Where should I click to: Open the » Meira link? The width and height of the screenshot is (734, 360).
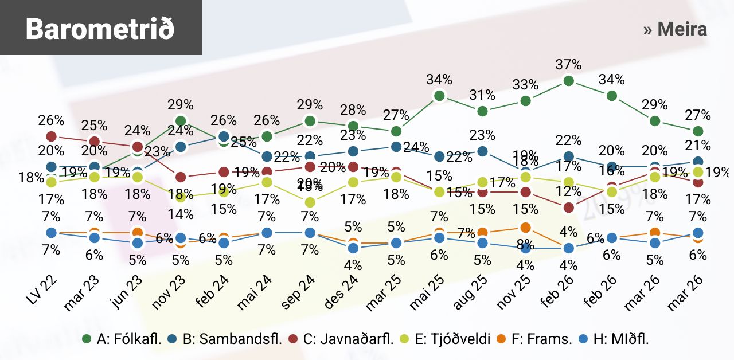point(675,29)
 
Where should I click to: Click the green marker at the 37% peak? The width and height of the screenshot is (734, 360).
point(569,81)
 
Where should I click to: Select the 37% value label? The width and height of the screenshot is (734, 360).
point(569,64)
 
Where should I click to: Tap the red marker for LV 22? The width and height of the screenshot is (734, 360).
point(52,136)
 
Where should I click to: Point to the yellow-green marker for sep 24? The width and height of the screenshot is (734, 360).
point(310,202)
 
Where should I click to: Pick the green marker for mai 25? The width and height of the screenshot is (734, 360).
point(440,96)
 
